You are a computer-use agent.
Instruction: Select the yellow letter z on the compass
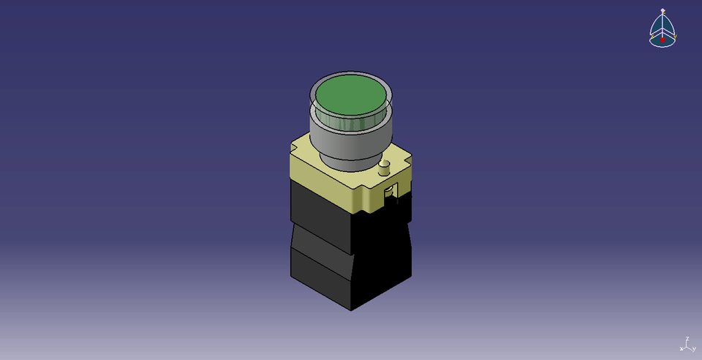pyautogui.click(x=663, y=16)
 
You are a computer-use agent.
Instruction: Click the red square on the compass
pyautogui.click(x=663, y=40)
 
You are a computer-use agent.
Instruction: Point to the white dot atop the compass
pyautogui.click(x=663, y=10)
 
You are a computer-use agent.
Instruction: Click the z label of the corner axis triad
pyautogui.click(x=687, y=339)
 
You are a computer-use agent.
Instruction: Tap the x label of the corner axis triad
pyautogui.click(x=682, y=348)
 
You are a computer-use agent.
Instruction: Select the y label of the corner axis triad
pyautogui.click(x=694, y=348)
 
